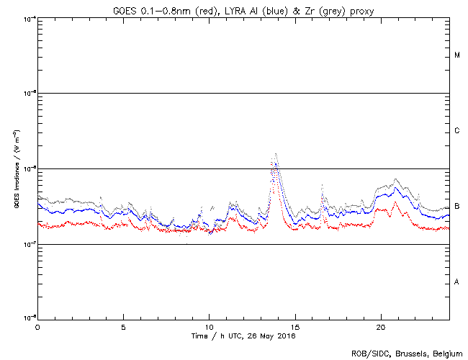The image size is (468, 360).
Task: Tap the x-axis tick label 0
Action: pos(37,327)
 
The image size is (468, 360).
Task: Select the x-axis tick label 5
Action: pos(123,327)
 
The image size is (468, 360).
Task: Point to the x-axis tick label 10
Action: pos(209,327)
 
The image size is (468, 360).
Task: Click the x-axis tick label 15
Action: pos(295,327)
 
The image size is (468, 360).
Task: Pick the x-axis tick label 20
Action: pos(381,327)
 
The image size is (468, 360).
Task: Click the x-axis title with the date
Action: pos(243,336)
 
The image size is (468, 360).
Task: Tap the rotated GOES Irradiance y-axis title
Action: pos(16,169)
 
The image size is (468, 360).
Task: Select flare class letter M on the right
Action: pos(457,55)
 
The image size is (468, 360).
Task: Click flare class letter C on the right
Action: pos(457,131)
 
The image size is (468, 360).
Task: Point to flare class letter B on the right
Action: pos(457,207)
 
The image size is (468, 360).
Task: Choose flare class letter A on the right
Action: pos(457,282)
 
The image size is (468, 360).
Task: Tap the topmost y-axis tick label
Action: pos(29,18)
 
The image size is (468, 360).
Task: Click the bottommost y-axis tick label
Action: pos(29,317)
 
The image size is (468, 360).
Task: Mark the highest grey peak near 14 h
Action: pos(276,153)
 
